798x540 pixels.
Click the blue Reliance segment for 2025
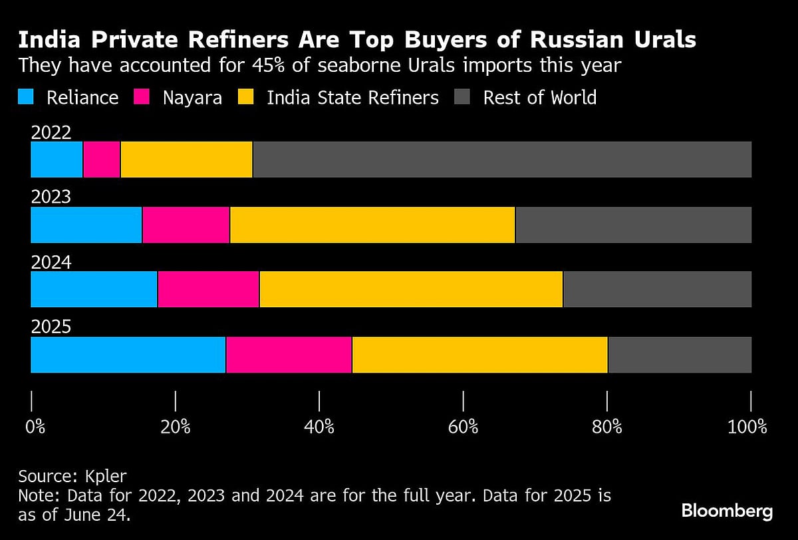pyautogui.click(x=128, y=354)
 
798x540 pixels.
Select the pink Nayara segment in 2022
pyautogui.click(x=101, y=160)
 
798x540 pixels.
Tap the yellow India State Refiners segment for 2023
pyautogui.click(x=372, y=225)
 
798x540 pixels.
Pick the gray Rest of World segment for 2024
pyautogui.click(x=657, y=289)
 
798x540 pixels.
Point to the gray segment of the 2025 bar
pyautogui.click(x=680, y=354)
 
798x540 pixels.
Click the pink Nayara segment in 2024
pyautogui.click(x=208, y=289)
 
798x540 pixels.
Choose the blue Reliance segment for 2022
pyautogui.click(x=57, y=160)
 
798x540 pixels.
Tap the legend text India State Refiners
pyautogui.click(x=352, y=98)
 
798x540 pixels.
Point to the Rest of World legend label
pyautogui.click(x=539, y=98)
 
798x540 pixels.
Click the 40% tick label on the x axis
pyautogui.click(x=319, y=426)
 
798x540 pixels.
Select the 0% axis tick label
pyautogui.click(x=35, y=426)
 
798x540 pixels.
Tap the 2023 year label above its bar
pyautogui.click(x=51, y=198)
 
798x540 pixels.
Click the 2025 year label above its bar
pyautogui.click(x=51, y=327)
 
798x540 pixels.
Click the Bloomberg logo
pyautogui.click(x=727, y=511)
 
